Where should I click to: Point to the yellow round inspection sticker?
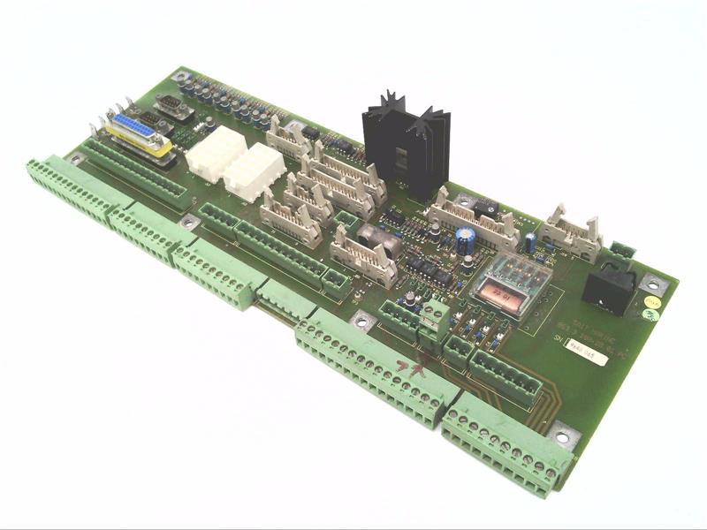(x=652, y=301)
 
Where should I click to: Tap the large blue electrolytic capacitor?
(x=465, y=244)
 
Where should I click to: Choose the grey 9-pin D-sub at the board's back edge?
(x=173, y=107)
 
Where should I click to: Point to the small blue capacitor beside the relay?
(x=528, y=243)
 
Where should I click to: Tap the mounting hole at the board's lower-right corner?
(x=563, y=435)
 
